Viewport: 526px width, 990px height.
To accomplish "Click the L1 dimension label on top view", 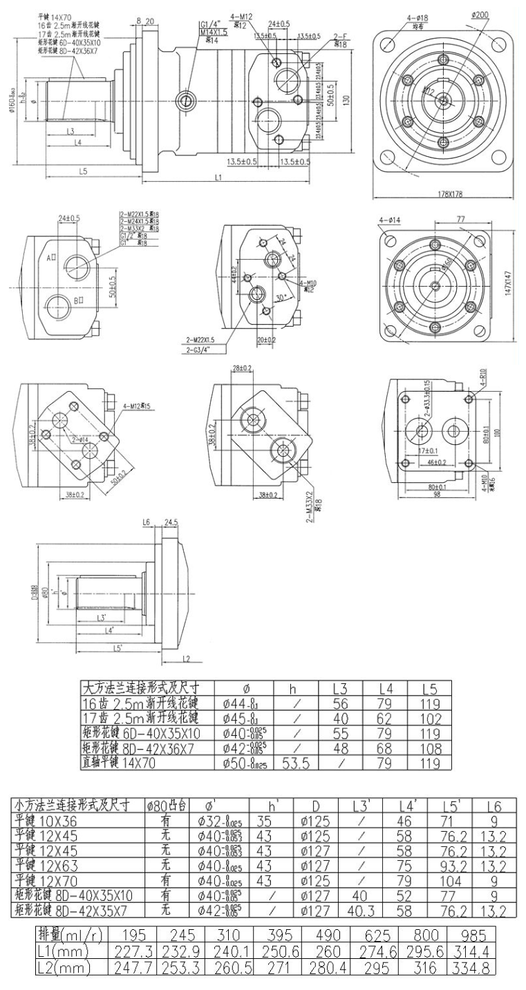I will pyautogui.click(x=218, y=178).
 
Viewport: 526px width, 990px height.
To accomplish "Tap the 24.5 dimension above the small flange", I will pyautogui.click(x=171, y=522).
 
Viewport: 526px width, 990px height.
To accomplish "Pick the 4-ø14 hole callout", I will pyautogui.click(x=391, y=220).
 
